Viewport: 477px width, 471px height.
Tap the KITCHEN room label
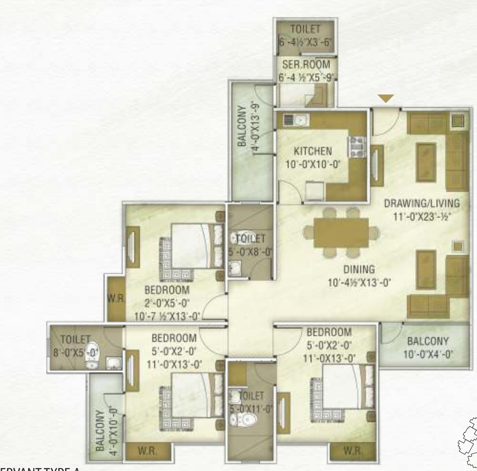click(313, 151)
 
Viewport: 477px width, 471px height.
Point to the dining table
click(341, 233)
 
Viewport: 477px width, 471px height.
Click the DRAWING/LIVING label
click(422, 203)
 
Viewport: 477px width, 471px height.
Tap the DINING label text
click(359, 270)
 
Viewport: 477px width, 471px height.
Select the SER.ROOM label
click(306, 65)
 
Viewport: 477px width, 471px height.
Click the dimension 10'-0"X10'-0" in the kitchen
click(313, 165)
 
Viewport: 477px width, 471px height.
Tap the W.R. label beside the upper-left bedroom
click(116, 299)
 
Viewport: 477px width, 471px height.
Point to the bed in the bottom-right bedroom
click(343, 386)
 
